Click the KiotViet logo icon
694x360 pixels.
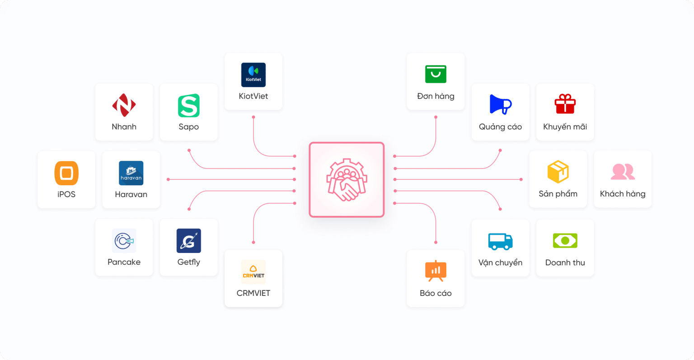tap(253, 75)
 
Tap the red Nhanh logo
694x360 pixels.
tap(124, 105)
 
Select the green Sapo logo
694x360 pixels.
tap(189, 106)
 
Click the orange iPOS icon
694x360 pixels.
tap(66, 173)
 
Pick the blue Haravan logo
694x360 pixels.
tap(131, 173)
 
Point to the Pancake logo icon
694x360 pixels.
tap(124, 240)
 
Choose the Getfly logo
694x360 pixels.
tap(189, 241)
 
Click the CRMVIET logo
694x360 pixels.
tap(253, 272)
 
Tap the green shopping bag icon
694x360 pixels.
tap(436, 74)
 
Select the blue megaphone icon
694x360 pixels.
tap(500, 105)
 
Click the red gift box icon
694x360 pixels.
tap(565, 104)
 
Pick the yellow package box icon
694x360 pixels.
tap(558, 172)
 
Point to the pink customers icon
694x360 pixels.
tap(623, 172)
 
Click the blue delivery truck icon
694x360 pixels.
tap(500, 241)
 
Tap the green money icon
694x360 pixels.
tap(565, 241)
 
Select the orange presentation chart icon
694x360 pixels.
tap(436, 271)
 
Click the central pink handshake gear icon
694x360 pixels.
tap(347, 180)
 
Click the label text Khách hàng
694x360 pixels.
tap(623, 194)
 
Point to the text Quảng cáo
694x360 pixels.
tap(500, 127)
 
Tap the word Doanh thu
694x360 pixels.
tap(565, 262)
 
